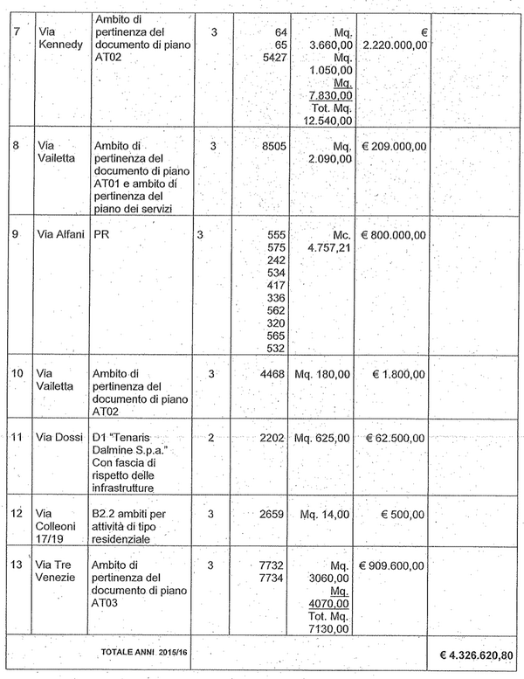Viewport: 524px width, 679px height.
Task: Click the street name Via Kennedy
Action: pyautogui.click(x=59, y=38)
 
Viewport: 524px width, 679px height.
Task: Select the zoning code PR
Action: pyautogui.click(x=102, y=235)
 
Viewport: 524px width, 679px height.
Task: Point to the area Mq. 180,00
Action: pyautogui.click(x=322, y=375)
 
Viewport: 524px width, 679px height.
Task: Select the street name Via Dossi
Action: pyautogui.click(x=60, y=438)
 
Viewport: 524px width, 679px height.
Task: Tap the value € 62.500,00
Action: pyautogui.click(x=394, y=438)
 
